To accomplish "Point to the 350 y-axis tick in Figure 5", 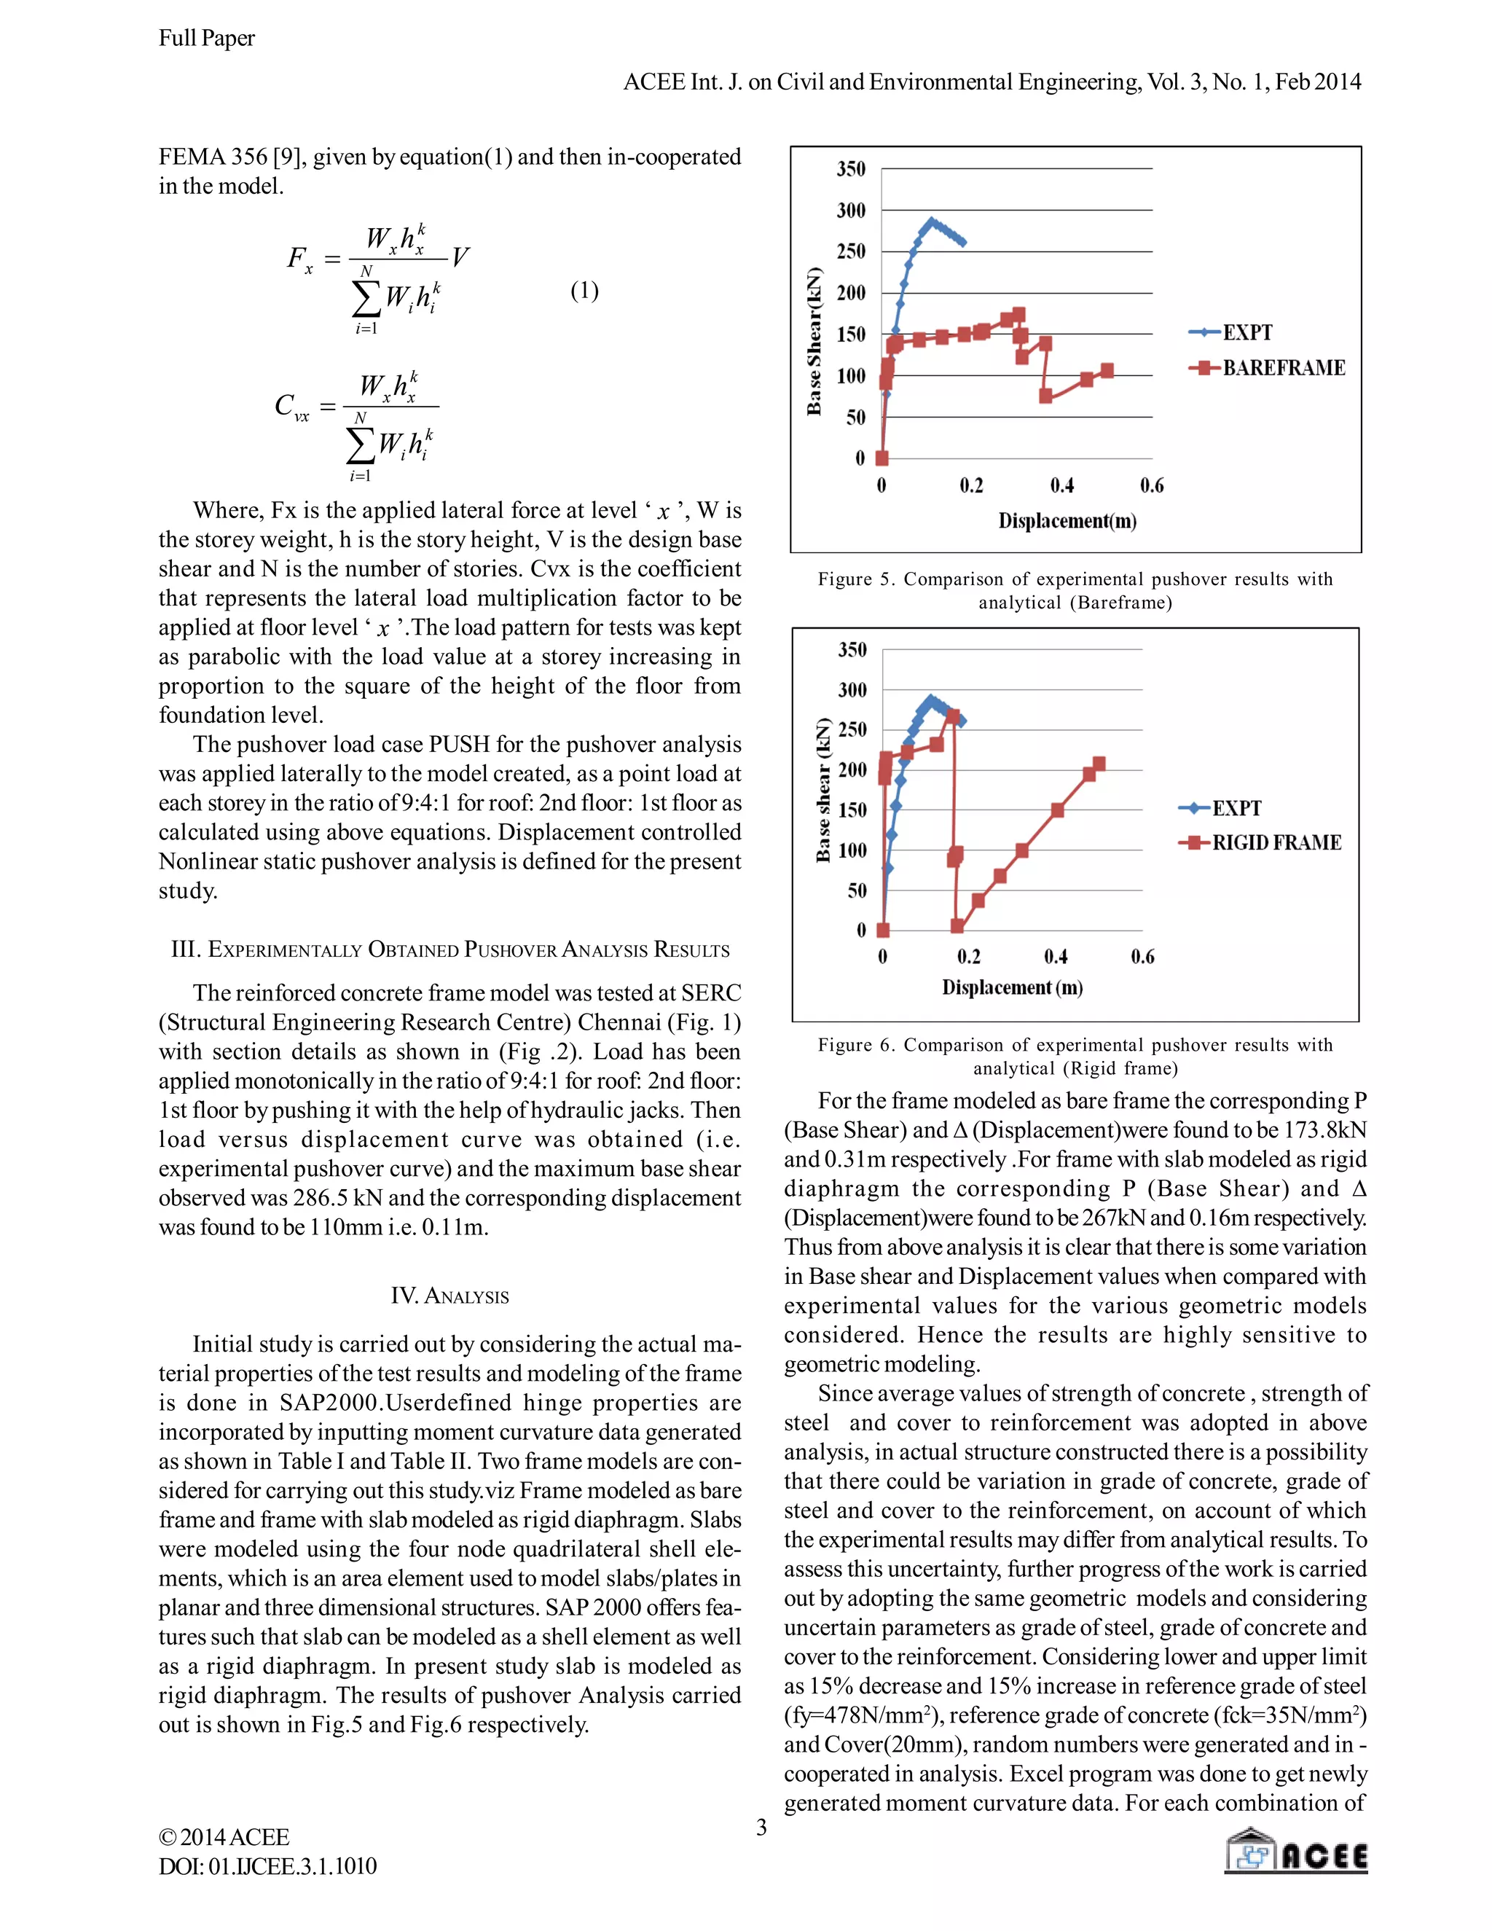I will pos(851,169).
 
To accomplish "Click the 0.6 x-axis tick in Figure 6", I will pos(1142,957).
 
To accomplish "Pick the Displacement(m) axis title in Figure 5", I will pos(1067,521).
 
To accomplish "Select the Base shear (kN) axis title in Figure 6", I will pos(824,790).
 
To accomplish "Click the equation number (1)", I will pos(584,290).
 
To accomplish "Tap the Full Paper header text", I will pos(207,38).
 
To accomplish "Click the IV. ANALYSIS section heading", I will pos(450,1296).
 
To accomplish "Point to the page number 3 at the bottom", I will pos(761,1828).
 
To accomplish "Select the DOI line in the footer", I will pos(268,1866).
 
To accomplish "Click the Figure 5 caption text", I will pos(1075,591).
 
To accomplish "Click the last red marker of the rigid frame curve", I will pos(1099,764).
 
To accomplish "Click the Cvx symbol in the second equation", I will pos(291,407).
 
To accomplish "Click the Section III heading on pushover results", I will pos(450,950).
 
